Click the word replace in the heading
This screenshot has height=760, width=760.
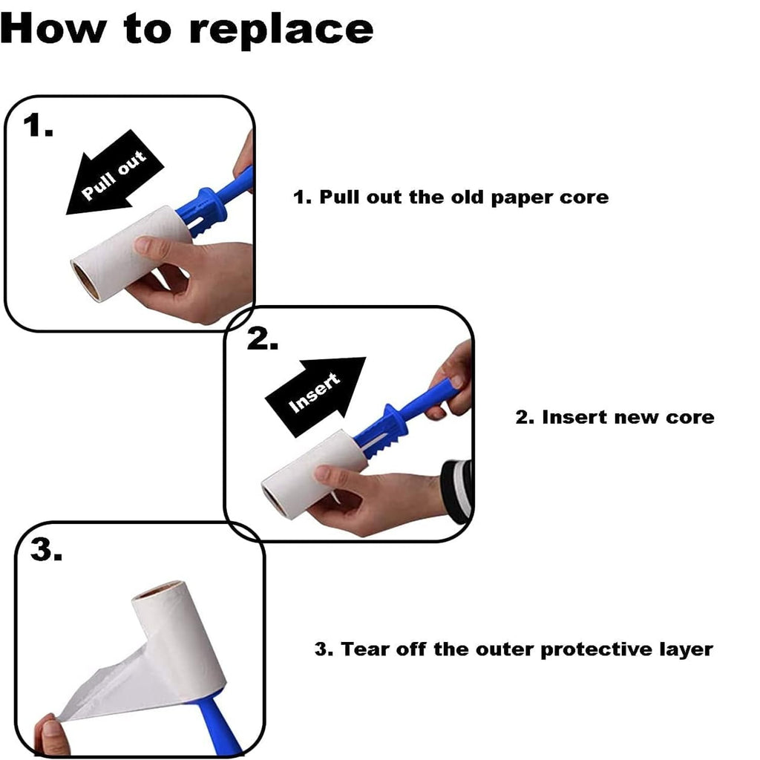(x=281, y=30)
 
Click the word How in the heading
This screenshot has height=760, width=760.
(x=53, y=28)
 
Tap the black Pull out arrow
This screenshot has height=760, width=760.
(x=114, y=173)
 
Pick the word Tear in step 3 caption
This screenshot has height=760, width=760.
(x=364, y=649)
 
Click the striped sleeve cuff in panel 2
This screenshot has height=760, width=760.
(x=456, y=491)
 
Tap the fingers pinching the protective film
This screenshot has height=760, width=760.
(x=51, y=736)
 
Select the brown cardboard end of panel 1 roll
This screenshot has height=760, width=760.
(x=85, y=280)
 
